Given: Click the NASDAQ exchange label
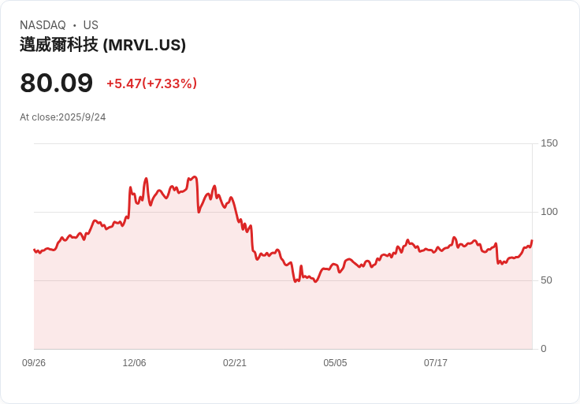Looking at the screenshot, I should pyautogui.click(x=43, y=25).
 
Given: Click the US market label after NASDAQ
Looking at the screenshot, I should pyautogui.click(x=91, y=25).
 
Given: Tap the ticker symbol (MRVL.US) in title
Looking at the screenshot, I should pyautogui.click(x=144, y=45).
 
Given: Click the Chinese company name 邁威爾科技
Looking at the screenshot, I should pyautogui.click(x=59, y=45).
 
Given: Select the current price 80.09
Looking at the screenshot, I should pyautogui.click(x=56, y=83).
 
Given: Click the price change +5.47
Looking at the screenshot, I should pyautogui.click(x=124, y=83).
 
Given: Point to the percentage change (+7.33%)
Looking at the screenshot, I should pyautogui.click(x=169, y=83).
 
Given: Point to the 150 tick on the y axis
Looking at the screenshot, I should pyautogui.click(x=549, y=143).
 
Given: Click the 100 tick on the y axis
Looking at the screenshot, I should pyautogui.click(x=549, y=212).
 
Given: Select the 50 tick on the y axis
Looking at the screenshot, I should pyautogui.click(x=546, y=280).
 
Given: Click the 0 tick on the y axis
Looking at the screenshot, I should pyautogui.click(x=543, y=349).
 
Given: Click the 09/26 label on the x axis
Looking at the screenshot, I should pyautogui.click(x=34, y=363).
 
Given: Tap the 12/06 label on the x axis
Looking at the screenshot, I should pyautogui.click(x=134, y=363).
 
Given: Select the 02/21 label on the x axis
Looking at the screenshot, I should pyautogui.click(x=235, y=363).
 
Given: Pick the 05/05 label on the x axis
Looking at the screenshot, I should pyautogui.click(x=335, y=363).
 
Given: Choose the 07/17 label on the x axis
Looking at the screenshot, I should pyautogui.click(x=436, y=363).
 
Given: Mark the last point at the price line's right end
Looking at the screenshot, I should pyautogui.click(x=532, y=240).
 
